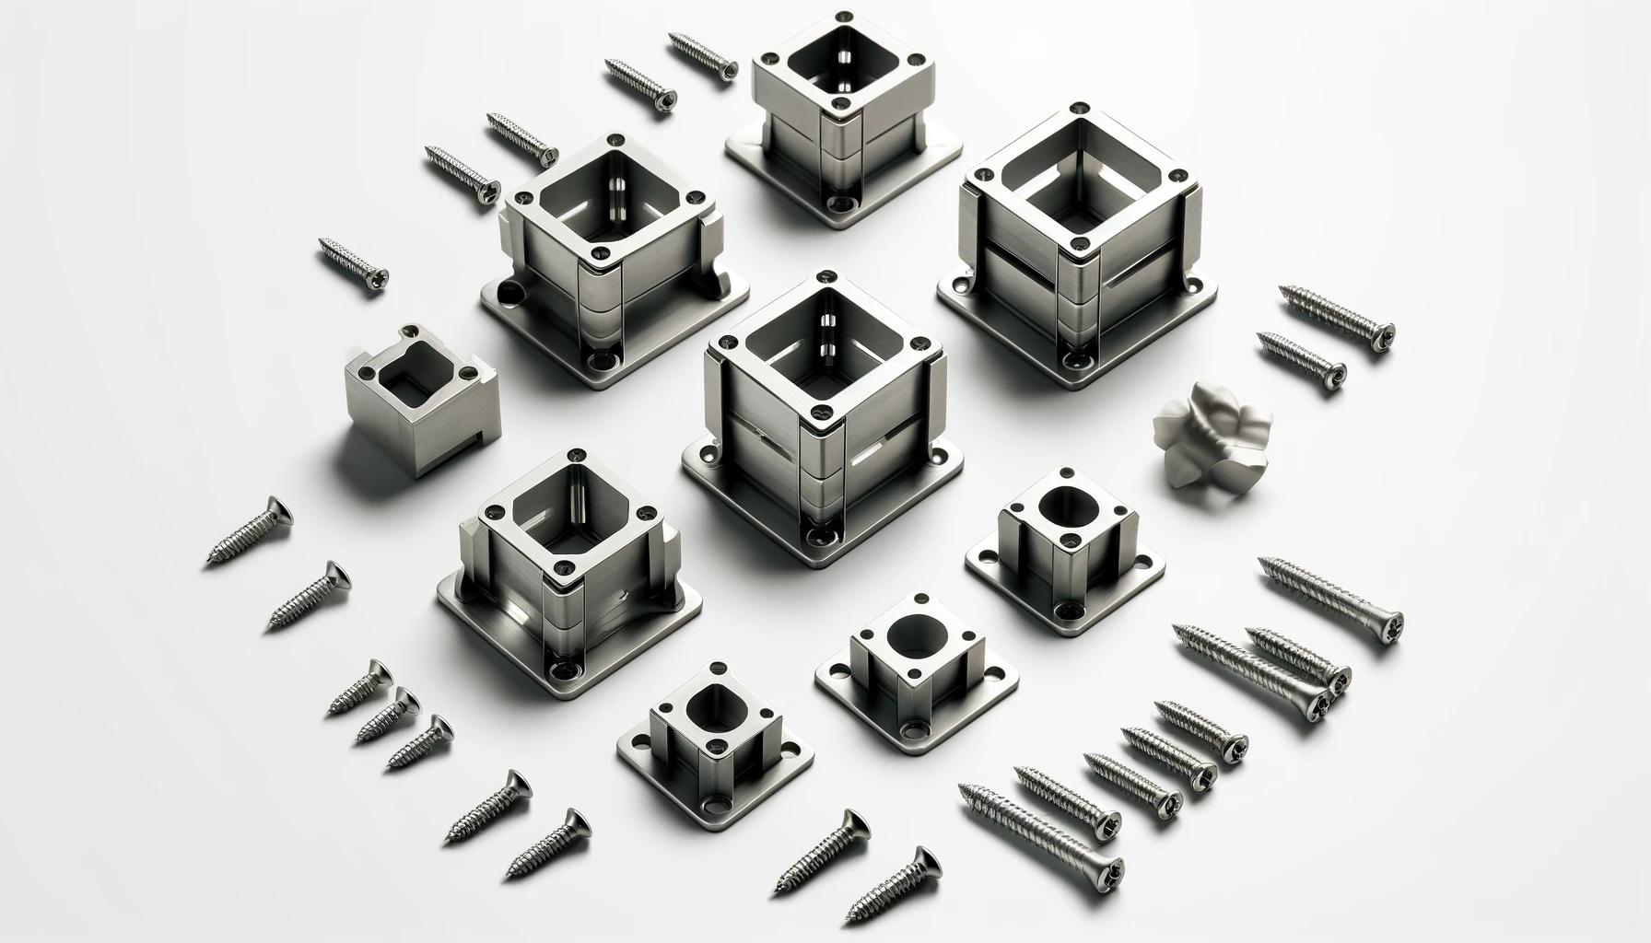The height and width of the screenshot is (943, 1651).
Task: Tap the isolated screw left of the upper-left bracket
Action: (x=353, y=262)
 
